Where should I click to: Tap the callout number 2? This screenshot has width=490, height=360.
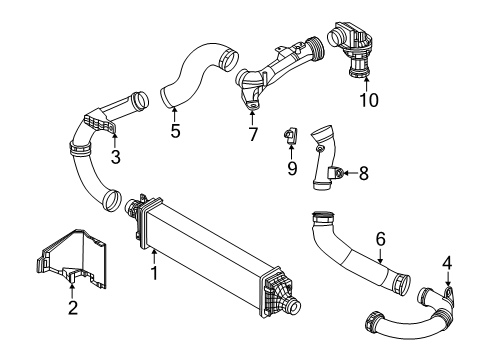coord(73,307)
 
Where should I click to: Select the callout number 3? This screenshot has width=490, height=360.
coord(115,157)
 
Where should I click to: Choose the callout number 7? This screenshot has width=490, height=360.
coord(253,133)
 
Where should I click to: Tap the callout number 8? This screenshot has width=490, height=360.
coord(362,173)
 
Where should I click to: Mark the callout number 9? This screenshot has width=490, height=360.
coord(293,169)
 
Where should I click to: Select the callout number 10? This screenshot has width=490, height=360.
coord(368,102)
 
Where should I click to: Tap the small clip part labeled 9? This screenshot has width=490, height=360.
coord(292,133)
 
